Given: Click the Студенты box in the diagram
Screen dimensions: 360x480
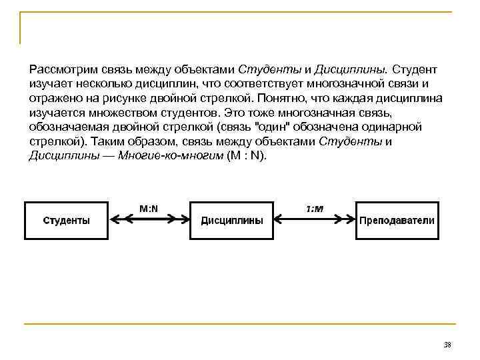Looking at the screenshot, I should click(x=67, y=220).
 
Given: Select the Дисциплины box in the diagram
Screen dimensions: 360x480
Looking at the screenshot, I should click(x=232, y=220).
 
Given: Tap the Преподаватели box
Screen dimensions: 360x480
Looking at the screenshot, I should click(x=397, y=220).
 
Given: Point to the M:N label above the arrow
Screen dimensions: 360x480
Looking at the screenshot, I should click(x=149, y=208).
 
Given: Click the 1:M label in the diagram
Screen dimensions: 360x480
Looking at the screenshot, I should click(x=315, y=209).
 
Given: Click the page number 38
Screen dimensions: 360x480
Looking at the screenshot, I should click(x=447, y=345).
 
